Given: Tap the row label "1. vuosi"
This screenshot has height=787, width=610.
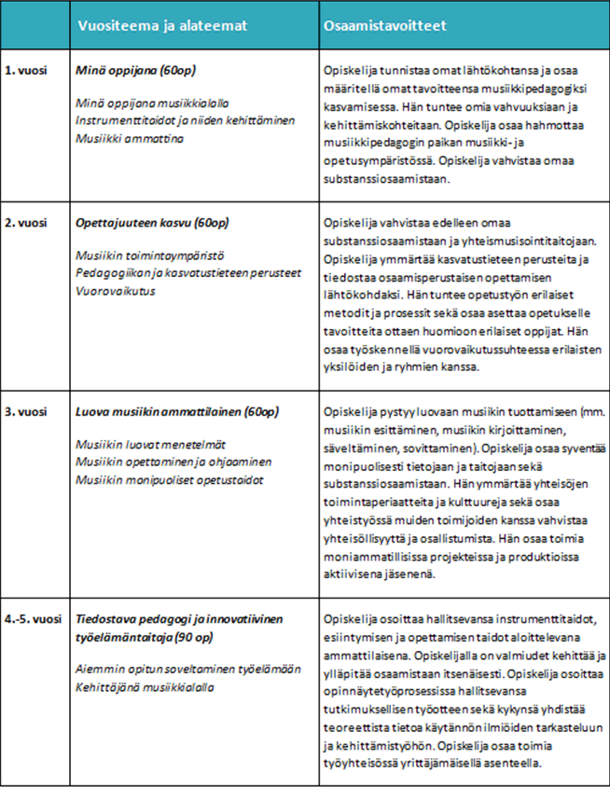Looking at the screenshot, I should pos(26,71).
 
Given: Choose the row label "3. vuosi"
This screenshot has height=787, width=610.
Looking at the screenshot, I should pos(26,411).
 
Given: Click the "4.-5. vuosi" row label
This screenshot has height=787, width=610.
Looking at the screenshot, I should pos(34,619).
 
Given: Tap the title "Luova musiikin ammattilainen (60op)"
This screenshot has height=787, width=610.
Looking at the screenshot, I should pos(178,411).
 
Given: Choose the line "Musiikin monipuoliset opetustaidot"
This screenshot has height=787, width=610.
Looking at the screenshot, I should pos(170,479).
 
